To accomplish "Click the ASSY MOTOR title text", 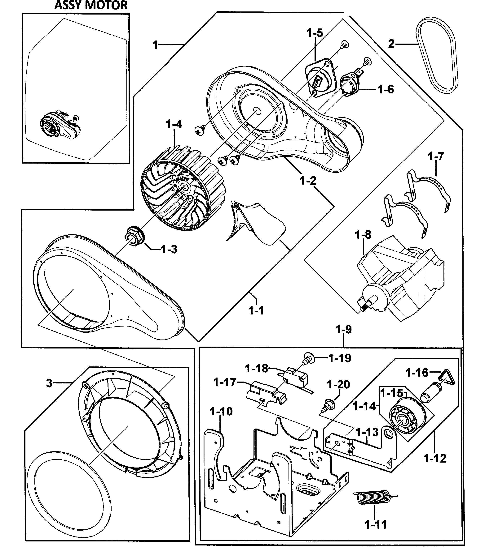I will tap(91, 5).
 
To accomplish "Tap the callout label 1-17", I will tap(225, 382).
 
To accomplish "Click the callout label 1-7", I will tap(436, 156).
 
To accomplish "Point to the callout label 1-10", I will tap(221, 412).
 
